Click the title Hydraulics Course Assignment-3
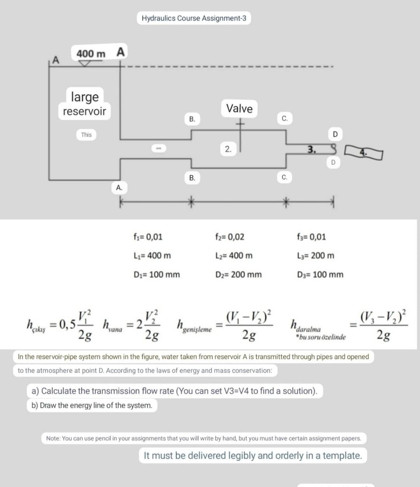[194, 18]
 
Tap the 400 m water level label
[91, 54]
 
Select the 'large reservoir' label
[84, 104]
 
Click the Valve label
[239, 108]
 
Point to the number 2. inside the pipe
[228, 149]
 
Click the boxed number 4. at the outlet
[363, 153]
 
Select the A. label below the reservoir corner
[119, 187]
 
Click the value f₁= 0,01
[148, 237]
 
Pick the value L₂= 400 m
[234, 256]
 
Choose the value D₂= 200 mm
[238, 274]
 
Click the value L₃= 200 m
[315, 256]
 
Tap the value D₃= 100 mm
[320, 274]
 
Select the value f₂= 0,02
[230, 237]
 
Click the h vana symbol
[112, 326]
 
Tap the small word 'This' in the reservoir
[86, 135]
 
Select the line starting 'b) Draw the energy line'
[92, 405]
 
